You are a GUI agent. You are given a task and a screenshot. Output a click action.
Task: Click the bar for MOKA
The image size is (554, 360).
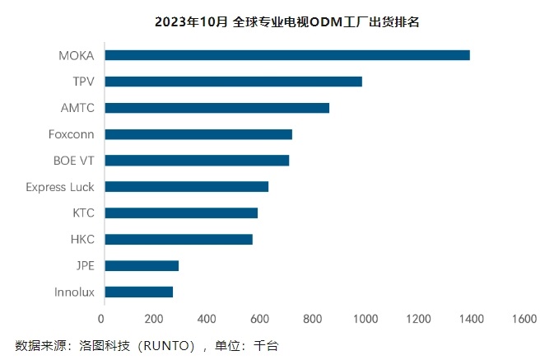click(287, 55)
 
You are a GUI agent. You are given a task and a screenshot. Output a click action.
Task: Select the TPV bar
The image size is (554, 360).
click(234, 82)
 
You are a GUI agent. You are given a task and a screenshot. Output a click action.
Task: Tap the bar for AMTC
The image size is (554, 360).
click(217, 108)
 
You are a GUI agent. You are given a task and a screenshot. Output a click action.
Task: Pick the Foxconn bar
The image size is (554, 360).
click(198, 134)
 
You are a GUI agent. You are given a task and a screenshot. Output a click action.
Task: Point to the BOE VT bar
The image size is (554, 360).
click(197, 161)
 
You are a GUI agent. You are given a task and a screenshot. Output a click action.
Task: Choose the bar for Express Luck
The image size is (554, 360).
click(187, 187)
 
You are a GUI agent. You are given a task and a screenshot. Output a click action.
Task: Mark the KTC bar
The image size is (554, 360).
click(181, 213)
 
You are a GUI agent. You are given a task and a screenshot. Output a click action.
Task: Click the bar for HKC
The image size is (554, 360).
click(179, 240)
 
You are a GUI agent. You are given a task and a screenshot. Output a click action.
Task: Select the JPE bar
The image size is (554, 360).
click(142, 266)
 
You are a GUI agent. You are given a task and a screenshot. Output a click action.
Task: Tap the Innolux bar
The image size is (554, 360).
click(139, 292)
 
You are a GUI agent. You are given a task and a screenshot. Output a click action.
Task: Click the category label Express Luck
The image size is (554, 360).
click(60, 187)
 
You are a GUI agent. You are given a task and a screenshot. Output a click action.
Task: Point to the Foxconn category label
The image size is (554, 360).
click(72, 134)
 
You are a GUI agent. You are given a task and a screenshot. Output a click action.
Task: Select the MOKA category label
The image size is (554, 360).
click(77, 56)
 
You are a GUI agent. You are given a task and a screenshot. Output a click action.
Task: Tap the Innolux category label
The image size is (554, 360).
click(74, 292)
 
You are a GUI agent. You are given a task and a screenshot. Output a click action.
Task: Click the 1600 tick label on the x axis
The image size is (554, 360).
click(524, 319)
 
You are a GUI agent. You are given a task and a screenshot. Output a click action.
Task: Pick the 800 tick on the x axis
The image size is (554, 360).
click(312, 319)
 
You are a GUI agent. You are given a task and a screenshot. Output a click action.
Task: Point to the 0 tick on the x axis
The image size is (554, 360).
click(102, 319)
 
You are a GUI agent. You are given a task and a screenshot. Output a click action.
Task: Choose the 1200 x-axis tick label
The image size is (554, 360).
click(418, 319)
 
